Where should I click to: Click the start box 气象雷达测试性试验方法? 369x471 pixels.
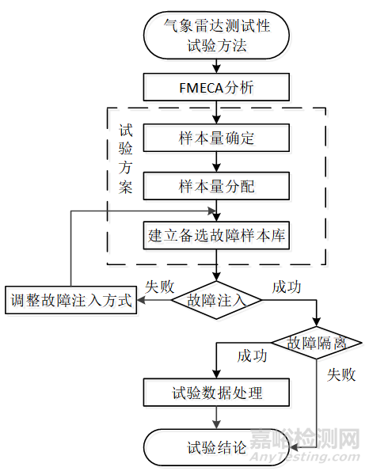pos(215,36)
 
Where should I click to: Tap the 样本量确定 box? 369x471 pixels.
pos(215,138)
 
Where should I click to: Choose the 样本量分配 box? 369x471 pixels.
pos(215,187)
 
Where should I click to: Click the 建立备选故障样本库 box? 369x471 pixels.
pos(215,235)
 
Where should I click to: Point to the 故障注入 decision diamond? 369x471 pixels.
pos(215,301)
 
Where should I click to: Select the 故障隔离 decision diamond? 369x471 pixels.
pos(317,343)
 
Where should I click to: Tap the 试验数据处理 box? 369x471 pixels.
pos(215,393)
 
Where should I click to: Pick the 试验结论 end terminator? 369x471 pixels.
pos(215,447)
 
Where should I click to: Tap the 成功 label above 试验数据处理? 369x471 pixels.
pos(251,355)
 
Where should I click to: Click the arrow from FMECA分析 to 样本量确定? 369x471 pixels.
pos(215,112)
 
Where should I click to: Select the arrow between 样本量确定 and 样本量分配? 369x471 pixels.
pos(215,162)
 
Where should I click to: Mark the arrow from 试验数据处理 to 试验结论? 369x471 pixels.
pos(215,419)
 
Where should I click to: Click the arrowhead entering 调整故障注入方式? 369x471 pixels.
pos(139,301)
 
